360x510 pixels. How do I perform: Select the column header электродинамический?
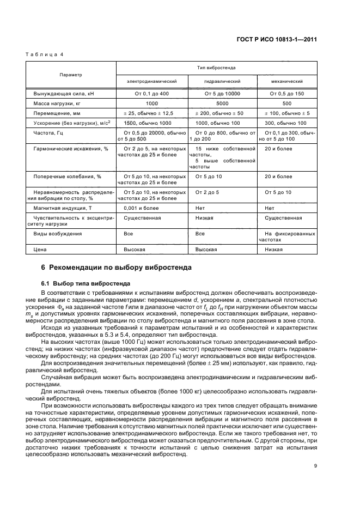[151, 81]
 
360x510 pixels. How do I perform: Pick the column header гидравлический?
[222, 81]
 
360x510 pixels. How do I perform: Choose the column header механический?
[286, 81]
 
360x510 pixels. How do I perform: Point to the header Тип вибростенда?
[216, 68]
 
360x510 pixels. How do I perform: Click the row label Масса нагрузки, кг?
[57, 102]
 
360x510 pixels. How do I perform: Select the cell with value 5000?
[222, 102]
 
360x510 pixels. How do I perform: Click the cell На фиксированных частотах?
[286, 236]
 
